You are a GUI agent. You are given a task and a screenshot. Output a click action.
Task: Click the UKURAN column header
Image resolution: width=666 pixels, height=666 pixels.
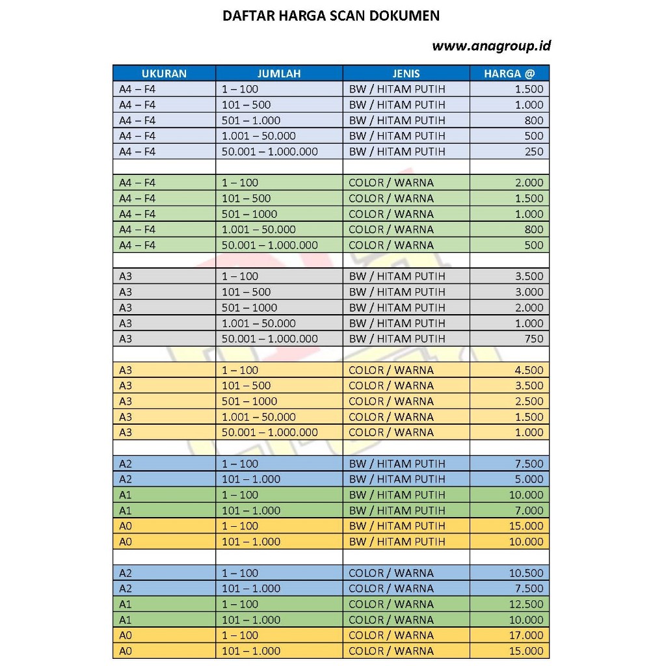click(164, 73)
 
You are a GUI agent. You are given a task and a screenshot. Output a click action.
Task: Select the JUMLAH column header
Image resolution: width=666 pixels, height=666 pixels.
click(279, 73)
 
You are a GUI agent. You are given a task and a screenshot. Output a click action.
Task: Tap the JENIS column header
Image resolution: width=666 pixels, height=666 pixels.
click(406, 73)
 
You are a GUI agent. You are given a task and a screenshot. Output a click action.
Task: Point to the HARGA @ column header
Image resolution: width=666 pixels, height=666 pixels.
click(509, 73)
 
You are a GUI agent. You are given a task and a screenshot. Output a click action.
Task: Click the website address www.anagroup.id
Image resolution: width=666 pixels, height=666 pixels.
click(492, 46)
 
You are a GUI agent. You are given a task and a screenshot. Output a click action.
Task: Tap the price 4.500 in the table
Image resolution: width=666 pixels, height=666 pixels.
click(528, 370)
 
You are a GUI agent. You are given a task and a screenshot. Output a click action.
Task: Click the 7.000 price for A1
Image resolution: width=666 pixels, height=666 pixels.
click(528, 511)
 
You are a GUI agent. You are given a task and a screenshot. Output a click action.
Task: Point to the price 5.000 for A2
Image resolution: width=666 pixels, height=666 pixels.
click(528, 479)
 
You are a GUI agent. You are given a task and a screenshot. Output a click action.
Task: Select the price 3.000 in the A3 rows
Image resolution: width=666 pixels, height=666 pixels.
click(528, 292)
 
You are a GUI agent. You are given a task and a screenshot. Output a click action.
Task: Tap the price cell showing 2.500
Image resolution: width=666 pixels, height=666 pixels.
click(528, 401)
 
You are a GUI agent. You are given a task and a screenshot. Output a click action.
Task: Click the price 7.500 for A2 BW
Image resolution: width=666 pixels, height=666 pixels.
click(528, 464)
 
